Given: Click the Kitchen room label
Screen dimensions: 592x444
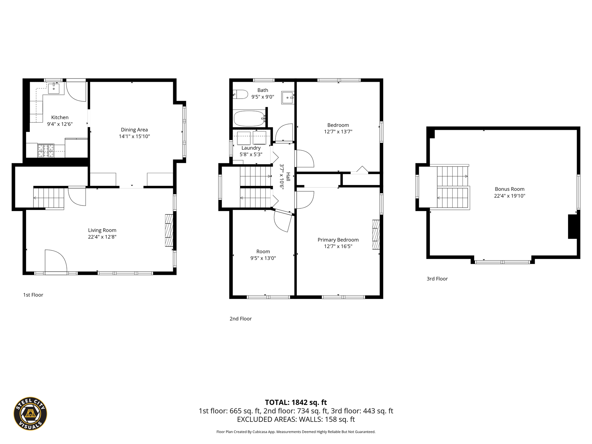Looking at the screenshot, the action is click(60, 117).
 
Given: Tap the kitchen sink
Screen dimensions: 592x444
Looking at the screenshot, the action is click(54, 88).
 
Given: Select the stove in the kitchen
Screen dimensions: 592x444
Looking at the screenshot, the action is click(46, 151).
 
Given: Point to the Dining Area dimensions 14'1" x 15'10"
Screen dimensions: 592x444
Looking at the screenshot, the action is click(134, 136).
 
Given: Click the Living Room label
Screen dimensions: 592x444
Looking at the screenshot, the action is click(102, 230).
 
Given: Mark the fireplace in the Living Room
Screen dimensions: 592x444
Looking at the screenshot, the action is click(169, 230).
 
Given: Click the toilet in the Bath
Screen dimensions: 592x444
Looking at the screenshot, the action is click(240, 94).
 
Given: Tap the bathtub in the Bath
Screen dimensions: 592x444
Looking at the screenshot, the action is click(249, 119).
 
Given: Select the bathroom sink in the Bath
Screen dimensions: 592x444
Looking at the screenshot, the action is click(288, 98).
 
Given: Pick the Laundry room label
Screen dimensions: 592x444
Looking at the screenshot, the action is click(251, 148).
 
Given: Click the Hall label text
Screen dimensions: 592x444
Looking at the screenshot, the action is click(288, 177).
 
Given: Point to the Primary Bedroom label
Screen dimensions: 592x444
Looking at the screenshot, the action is click(338, 240).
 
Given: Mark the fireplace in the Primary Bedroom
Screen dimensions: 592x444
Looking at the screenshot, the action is click(376, 234).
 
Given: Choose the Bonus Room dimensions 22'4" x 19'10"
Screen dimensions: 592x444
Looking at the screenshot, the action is click(510, 196).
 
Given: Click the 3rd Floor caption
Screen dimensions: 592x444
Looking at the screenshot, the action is click(437, 279).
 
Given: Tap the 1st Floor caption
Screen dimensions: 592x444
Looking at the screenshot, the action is click(33, 295).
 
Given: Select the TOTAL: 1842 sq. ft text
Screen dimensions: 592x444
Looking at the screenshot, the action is click(296, 402).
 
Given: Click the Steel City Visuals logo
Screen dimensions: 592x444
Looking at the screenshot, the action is click(30, 413).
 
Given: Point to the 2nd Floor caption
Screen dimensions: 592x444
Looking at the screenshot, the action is click(240, 319).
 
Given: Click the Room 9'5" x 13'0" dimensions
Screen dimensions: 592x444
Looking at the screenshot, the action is click(263, 258).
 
